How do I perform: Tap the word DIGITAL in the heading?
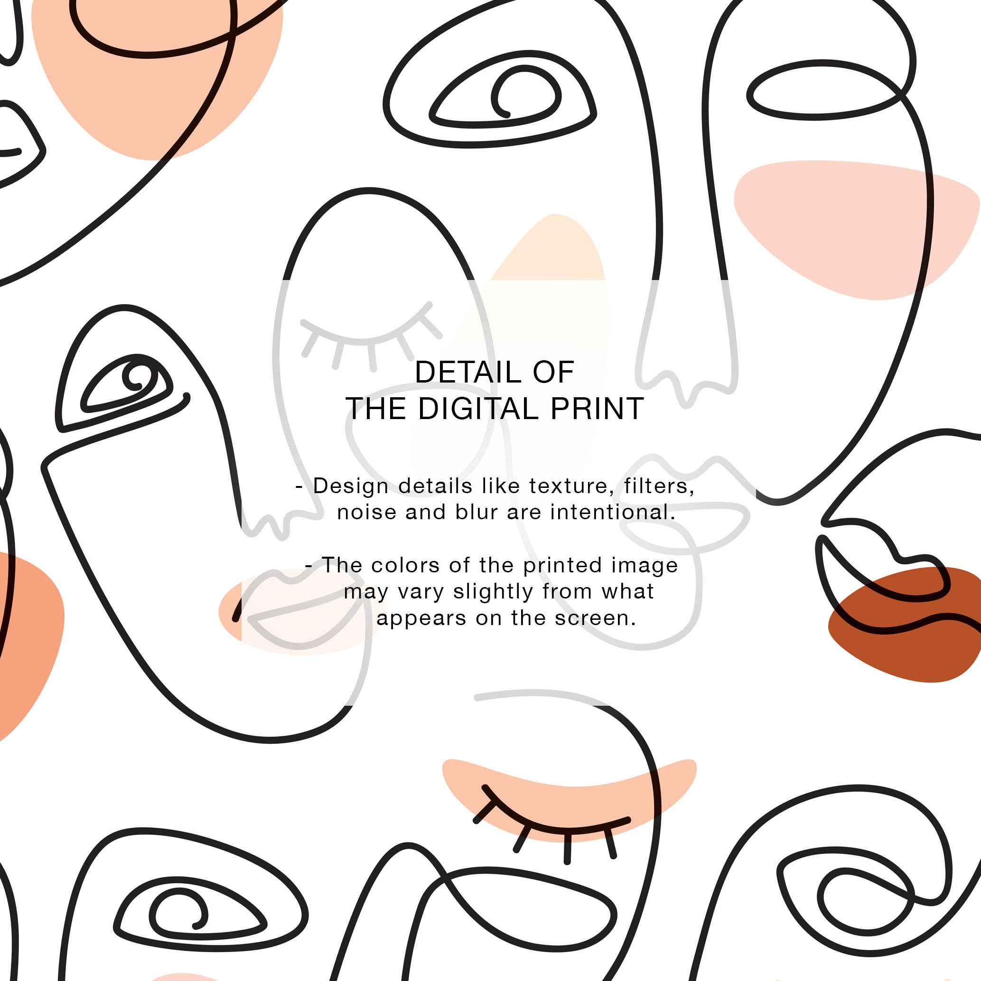(477, 409)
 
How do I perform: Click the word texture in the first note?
(568, 486)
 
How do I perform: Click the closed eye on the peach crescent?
(553, 825)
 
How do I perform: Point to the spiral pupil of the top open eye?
(525, 94)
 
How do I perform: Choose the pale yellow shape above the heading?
(553, 254)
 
